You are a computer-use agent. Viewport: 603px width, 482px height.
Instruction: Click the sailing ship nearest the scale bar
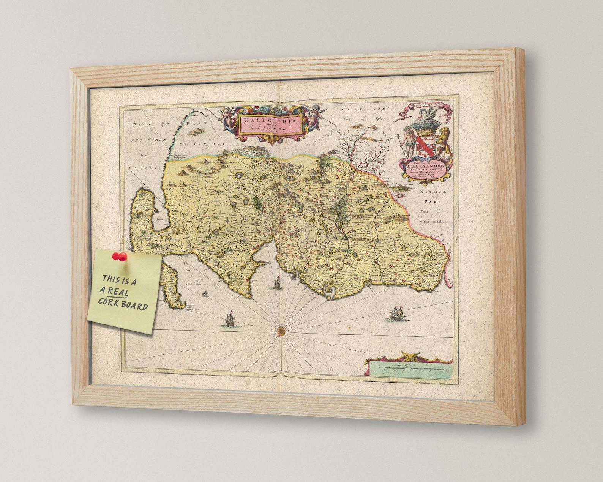point(398,313)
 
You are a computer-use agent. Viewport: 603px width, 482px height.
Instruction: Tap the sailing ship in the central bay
point(276,282)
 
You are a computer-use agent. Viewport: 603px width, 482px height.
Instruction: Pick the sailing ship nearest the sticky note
point(229,318)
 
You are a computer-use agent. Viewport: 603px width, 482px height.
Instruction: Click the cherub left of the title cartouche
point(227,117)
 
